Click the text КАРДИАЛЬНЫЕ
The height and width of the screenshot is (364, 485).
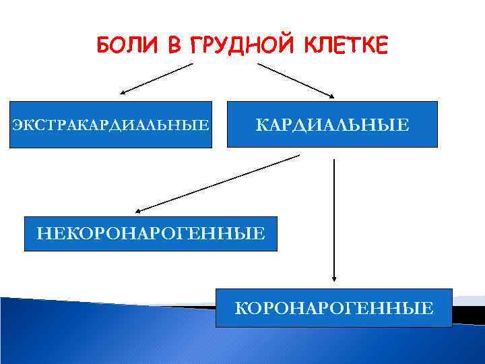pos(332,124)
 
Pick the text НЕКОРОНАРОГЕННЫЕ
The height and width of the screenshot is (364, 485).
pos(150,233)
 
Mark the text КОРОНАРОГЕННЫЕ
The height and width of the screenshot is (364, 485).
pos(333,309)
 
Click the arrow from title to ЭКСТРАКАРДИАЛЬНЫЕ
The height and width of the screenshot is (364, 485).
pos(157,78)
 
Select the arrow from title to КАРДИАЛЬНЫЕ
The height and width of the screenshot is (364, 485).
pos(295,79)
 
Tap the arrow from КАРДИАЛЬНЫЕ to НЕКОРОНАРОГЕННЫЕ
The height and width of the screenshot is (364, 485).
pos(216,183)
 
